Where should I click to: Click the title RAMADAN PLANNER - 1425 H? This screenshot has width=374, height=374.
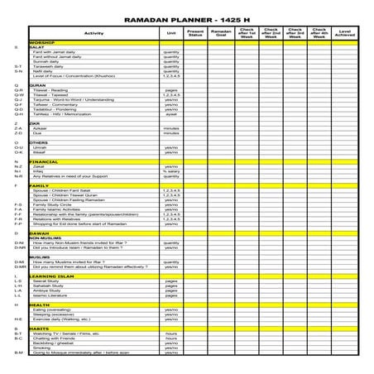click(x=186, y=17)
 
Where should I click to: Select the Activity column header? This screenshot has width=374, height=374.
click(x=93, y=33)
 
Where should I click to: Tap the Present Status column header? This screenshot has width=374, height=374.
click(x=195, y=33)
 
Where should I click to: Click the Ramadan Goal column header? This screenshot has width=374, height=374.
click(x=220, y=33)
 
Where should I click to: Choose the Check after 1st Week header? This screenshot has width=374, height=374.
click(x=246, y=33)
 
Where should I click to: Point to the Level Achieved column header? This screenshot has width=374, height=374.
click(x=346, y=33)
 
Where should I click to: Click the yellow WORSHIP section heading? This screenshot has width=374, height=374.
click(x=43, y=42)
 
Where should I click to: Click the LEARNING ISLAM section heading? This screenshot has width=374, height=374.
click(x=52, y=276)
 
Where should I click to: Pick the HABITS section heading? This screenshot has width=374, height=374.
click(x=39, y=328)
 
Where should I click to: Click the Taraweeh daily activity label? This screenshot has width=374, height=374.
click(x=50, y=66)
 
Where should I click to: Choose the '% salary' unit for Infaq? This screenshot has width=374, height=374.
click(x=171, y=171)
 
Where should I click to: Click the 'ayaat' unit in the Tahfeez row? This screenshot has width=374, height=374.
click(x=171, y=114)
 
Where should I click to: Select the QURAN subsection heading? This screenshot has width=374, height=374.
click(x=37, y=84)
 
